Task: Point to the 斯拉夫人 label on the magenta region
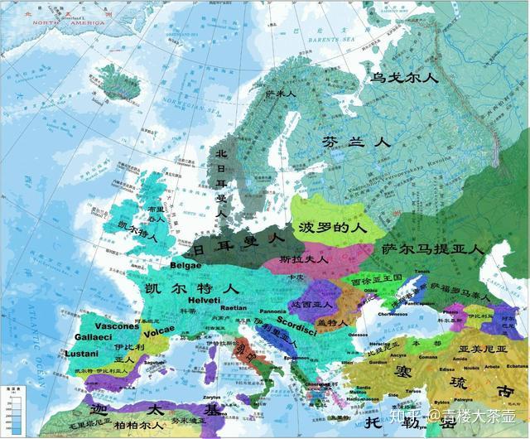point(305,258)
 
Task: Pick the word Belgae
point(185,265)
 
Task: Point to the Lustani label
point(79,354)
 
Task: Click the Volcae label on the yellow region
point(159,330)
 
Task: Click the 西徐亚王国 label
point(376,282)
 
